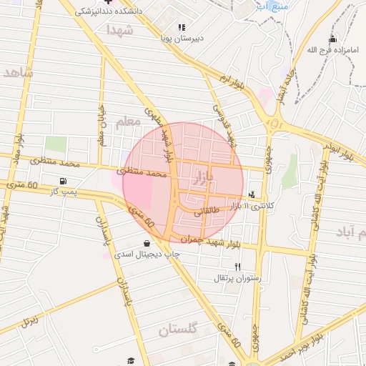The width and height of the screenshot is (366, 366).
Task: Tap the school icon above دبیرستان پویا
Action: (182, 27)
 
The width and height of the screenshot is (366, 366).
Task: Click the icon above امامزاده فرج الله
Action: (332, 39)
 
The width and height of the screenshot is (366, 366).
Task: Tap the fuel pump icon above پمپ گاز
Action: (64, 181)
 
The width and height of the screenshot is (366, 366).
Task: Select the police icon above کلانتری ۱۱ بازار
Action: (252, 194)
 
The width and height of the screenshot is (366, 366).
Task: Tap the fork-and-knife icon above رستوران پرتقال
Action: (227, 266)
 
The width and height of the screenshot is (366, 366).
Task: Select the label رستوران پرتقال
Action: (237, 277)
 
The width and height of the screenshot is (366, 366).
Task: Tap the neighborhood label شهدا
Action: (119, 30)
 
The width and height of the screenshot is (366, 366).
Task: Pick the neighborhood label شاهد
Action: (19, 73)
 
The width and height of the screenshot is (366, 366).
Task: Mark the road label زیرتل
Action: (29, 319)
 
